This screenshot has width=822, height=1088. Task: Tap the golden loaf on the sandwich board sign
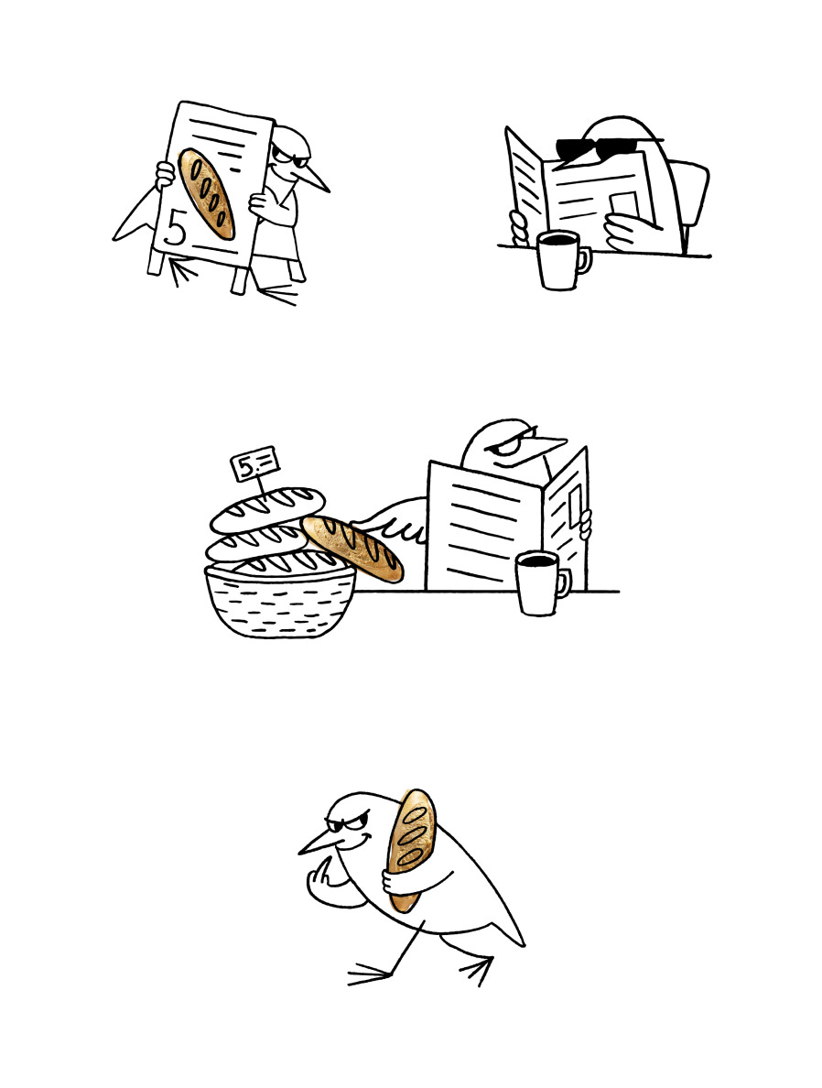[x=206, y=193]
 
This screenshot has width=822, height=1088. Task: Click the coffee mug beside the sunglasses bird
[x=563, y=260]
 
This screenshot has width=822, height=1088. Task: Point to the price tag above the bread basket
[x=254, y=462]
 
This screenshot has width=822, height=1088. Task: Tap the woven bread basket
[x=281, y=599]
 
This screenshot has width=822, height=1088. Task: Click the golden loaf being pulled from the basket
[x=353, y=549]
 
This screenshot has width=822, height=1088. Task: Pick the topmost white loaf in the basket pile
[x=268, y=508]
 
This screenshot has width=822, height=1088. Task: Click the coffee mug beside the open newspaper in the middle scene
[x=542, y=582]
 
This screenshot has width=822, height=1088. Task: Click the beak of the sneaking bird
[x=318, y=843]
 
